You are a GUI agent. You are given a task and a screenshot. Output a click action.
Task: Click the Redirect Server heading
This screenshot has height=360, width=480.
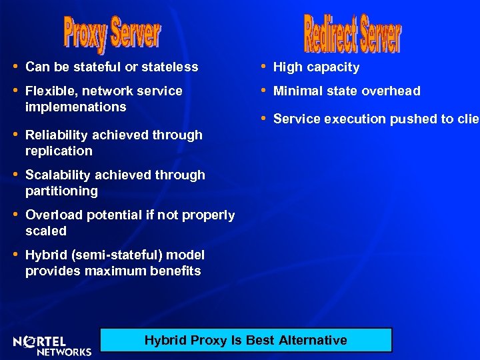point(352,33)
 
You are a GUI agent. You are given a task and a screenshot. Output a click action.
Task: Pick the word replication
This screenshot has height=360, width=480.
point(59,151)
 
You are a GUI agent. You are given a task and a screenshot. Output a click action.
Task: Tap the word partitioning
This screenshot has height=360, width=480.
point(61,191)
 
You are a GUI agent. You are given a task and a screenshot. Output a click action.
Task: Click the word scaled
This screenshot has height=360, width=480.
point(46,231)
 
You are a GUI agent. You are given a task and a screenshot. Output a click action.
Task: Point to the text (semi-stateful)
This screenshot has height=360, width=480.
point(105,255)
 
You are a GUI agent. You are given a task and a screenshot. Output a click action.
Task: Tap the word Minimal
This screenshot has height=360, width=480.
point(296,91)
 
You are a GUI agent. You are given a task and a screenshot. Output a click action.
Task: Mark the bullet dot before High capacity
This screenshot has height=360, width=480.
point(264,66)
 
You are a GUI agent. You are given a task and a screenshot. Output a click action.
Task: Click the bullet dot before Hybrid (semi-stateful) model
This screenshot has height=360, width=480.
point(16,254)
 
